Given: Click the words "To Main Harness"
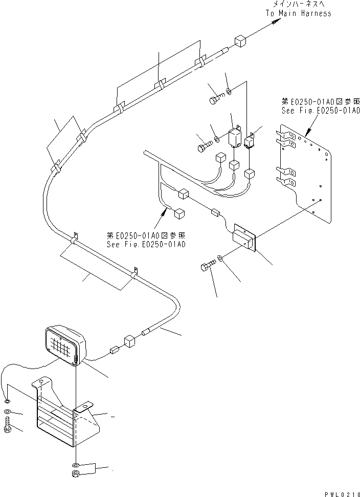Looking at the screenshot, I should (x=298, y=13).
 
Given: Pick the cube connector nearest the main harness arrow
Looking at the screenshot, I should (x=241, y=42).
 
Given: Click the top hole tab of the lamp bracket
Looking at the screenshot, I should (x=42, y=383).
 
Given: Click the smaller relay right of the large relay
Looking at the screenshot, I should (x=251, y=141).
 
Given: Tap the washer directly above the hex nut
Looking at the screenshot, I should (x=76, y=464).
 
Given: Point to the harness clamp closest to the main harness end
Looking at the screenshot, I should (x=199, y=63).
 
